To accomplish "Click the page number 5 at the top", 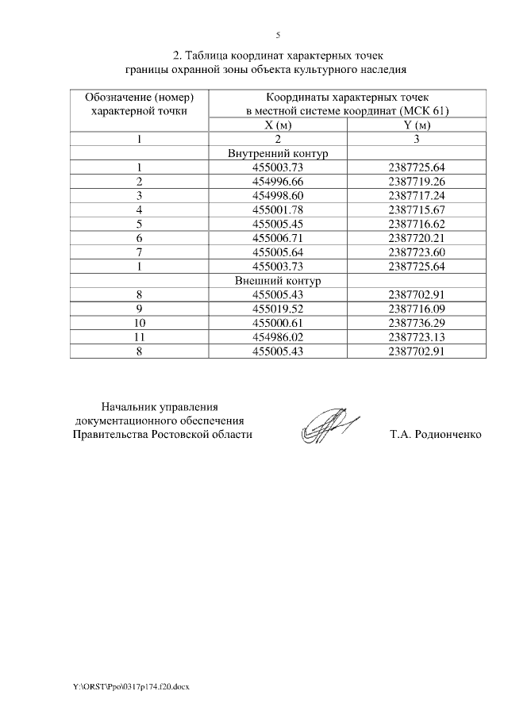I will coord(278,36).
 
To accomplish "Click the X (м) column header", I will coord(278,125).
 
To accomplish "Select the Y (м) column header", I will coord(417,125).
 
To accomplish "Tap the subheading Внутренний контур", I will coord(278,153).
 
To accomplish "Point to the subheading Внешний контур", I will coord(278,282).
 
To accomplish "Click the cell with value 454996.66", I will coord(278,182).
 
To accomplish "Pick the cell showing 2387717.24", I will coord(417,196).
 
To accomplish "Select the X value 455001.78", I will coord(278,210).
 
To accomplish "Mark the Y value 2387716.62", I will coord(417,225).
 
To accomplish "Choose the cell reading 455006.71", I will coord(278,239).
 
